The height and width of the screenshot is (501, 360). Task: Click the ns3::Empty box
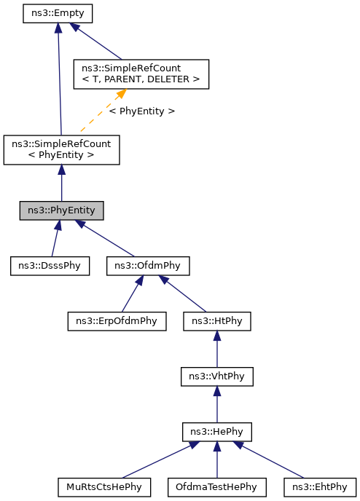click(x=58, y=14)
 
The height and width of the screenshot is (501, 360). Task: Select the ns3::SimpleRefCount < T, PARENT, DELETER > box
click(x=141, y=74)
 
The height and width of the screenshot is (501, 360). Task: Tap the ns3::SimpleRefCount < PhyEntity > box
click(x=61, y=149)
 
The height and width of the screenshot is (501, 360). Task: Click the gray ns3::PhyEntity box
click(x=61, y=211)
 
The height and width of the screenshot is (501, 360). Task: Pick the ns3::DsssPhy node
click(x=50, y=266)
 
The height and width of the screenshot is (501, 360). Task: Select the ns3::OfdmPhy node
click(x=148, y=266)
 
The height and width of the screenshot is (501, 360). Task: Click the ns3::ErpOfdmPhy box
click(x=117, y=320)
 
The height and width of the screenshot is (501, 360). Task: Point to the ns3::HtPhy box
click(x=217, y=320)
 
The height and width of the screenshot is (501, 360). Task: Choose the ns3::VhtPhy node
click(x=217, y=376)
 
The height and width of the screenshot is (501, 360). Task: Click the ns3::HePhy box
click(x=217, y=432)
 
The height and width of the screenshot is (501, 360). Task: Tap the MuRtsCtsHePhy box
click(x=104, y=486)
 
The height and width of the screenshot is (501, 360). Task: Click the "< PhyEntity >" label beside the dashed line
click(x=142, y=111)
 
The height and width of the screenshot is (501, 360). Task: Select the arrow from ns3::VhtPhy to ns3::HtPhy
click(x=217, y=349)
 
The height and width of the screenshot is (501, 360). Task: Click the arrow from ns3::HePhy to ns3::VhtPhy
click(x=217, y=404)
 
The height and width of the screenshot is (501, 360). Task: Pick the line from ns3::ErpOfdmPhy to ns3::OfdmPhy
click(x=132, y=293)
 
